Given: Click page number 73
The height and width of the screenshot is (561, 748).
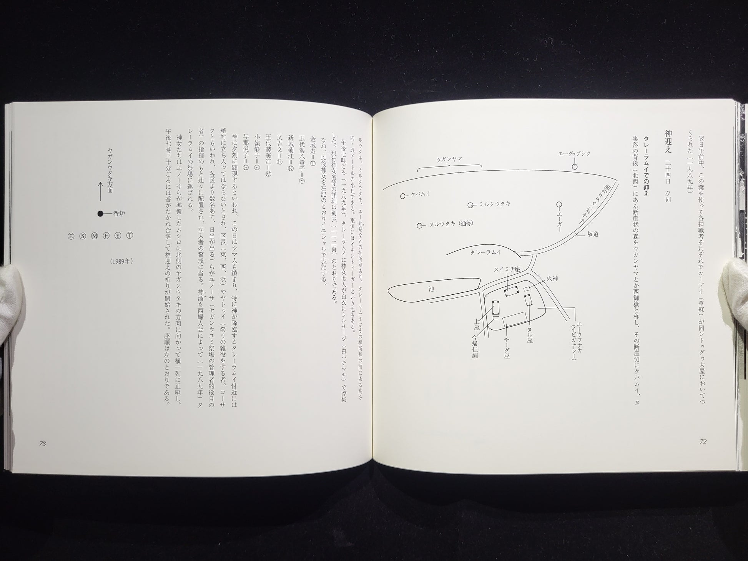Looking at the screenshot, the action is coord(43,443).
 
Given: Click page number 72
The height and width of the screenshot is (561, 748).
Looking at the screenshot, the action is coord(703,441).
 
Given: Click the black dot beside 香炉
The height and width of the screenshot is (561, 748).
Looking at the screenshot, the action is coord(100,214).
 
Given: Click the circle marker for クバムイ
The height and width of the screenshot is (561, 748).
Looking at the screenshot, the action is coord(403,196).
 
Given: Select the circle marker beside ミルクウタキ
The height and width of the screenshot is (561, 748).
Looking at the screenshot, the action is coord(470,205).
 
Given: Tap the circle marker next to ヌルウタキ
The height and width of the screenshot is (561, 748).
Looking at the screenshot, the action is coord(420,225).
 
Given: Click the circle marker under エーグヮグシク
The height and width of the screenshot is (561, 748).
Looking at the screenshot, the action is coord(575,166).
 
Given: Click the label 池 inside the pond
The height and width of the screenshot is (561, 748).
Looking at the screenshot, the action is coord(431,289).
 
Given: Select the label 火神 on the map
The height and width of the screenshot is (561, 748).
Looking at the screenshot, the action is coord(552,278).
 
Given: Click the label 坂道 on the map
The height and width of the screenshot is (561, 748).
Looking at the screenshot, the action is coord(593,234).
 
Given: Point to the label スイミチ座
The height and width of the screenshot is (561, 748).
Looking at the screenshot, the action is coord(507,270).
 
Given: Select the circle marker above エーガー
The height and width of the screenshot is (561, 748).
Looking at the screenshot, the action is coord(560,204).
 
